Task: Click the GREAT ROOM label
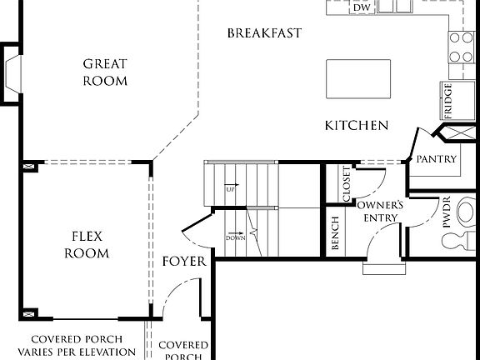coord(105,72)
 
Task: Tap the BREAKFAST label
coord(263,33)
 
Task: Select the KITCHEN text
coord(357,126)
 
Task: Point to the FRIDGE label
coord(448,100)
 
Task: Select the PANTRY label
coord(436,158)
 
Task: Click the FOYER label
coord(183,262)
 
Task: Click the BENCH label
coord(335,233)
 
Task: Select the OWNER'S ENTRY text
coord(380,211)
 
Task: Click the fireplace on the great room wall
coord(13,73)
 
